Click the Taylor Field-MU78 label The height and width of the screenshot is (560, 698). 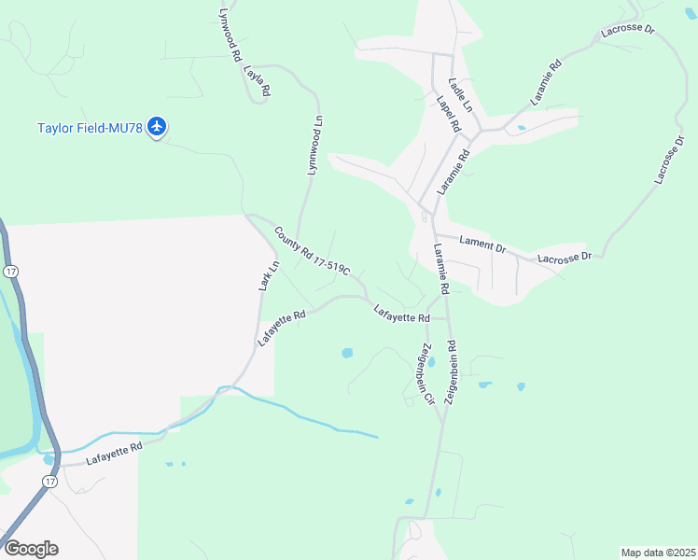coord(90,128)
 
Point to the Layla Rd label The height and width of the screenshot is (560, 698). coord(257,80)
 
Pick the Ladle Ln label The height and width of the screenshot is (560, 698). coord(461,94)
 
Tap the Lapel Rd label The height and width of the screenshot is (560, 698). coord(448,113)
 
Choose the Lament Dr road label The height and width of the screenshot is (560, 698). coord(482,245)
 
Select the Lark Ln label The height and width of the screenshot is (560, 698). coord(269,276)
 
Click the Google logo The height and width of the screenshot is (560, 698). coord(31,548)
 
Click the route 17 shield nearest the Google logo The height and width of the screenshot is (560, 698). coord(49,481)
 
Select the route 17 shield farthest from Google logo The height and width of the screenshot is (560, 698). coord(9,271)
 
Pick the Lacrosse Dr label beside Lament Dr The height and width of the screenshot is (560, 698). coord(564,257)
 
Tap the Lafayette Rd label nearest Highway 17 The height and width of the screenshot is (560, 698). coord(114,454)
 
